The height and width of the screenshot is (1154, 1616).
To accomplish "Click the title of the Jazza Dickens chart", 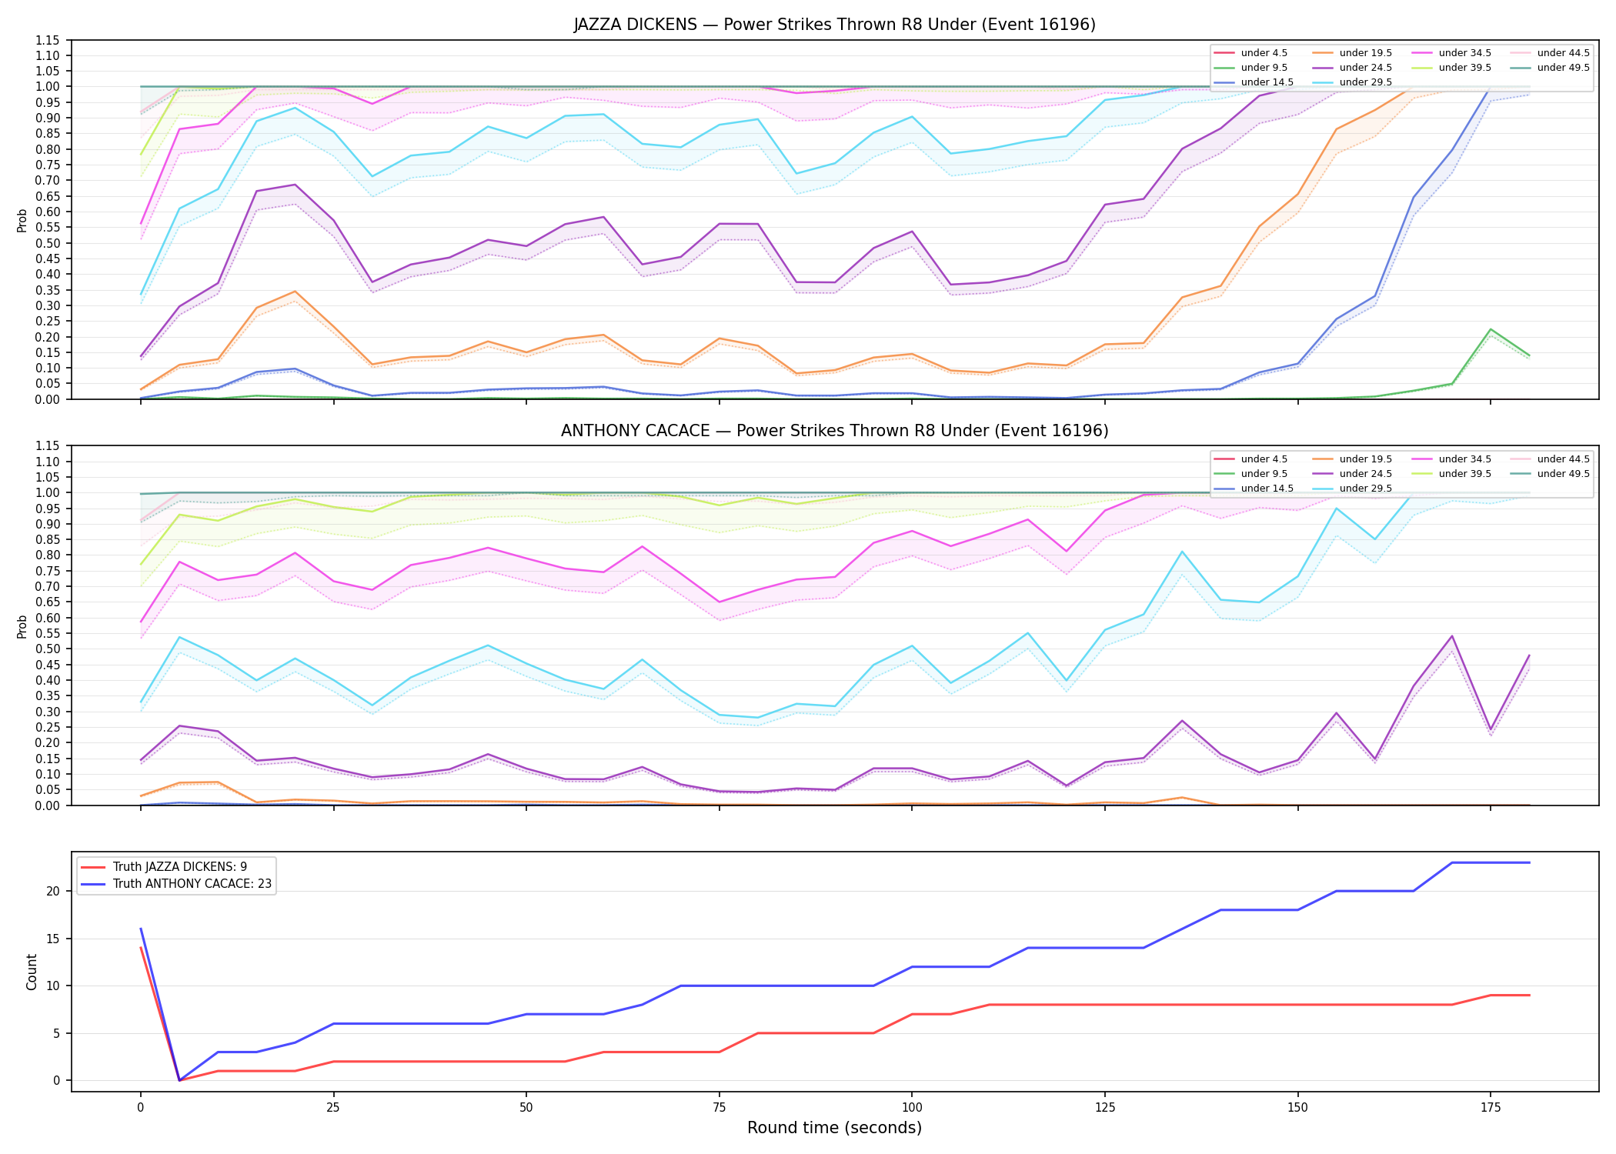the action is click(x=834, y=25).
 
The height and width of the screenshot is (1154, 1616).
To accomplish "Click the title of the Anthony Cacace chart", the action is click(x=834, y=431).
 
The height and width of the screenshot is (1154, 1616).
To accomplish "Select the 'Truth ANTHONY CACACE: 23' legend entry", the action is click(x=176, y=884).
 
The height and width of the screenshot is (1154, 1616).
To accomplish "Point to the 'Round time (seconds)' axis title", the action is click(x=834, y=1128).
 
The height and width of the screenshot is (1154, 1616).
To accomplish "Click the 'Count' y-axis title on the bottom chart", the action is click(x=32, y=972).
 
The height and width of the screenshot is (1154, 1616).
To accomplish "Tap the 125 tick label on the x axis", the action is click(x=1104, y=1108).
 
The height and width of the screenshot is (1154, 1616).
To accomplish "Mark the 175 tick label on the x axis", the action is click(x=1491, y=1108).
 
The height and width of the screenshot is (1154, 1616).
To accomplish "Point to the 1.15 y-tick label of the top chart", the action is click(x=47, y=40).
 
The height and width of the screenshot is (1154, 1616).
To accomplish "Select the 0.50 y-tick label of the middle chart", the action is click(x=47, y=649).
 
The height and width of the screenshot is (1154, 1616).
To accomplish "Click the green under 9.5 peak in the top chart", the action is click(x=1491, y=329).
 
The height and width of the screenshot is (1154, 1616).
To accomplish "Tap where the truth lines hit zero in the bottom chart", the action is click(x=179, y=1080).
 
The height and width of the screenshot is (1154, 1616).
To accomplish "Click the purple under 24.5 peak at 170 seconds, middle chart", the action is click(x=1452, y=636).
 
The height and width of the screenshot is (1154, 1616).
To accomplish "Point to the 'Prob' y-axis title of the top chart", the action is click(x=22, y=220).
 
